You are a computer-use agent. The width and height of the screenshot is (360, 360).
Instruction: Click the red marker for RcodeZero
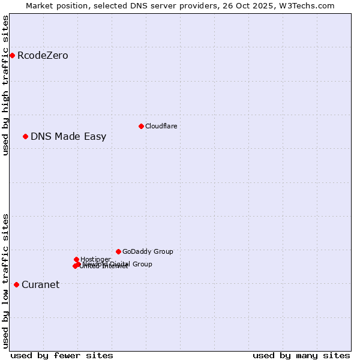coord(12,56)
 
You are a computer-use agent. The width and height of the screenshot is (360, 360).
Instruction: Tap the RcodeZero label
coord(43,56)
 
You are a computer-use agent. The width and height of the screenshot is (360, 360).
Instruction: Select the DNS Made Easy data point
coord(25,137)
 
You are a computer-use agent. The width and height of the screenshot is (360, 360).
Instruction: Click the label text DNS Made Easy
coord(68,137)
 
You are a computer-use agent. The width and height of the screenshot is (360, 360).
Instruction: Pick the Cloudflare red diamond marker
coord(141,126)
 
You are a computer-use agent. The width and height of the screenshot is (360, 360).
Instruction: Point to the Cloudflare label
coord(161,126)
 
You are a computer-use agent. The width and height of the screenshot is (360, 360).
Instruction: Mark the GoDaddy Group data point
coord(118,252)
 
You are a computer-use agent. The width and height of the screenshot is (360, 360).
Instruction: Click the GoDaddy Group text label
coord(148,252)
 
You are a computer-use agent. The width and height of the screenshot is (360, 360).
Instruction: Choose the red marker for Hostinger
coord(76,260)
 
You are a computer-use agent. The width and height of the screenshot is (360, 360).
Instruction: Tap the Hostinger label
coord(95,259)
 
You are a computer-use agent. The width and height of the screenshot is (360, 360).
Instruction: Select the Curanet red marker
coord(16,284)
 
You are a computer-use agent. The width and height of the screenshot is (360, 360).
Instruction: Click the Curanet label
coord(40,285)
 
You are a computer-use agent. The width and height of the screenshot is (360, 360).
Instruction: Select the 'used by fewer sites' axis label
coord(62,355)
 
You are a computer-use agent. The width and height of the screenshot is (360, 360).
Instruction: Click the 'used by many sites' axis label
coord(301,355)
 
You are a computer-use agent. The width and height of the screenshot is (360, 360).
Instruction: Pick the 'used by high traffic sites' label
coord(5,85)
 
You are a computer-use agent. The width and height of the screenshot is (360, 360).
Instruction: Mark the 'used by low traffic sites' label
coord(5,281)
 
